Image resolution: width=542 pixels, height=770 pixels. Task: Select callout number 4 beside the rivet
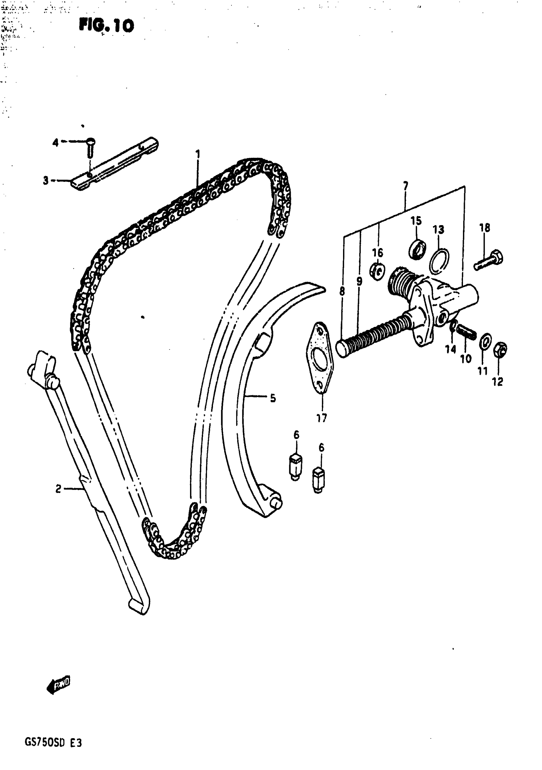click(x=55, y=143)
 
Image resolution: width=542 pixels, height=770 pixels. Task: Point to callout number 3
click(x=46, y=180)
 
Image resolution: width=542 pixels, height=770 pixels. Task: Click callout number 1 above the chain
click(x=198, y=154)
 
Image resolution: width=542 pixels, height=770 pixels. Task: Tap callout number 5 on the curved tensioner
click(x=273, y=398)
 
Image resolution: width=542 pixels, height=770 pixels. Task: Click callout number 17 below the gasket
click(x=321, y=418)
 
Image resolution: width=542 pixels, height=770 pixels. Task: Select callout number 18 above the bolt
click(x=485, y=228)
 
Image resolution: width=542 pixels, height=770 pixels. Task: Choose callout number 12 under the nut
click(x=497, y=382)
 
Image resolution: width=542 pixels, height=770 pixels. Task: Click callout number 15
click(x=416, y=221)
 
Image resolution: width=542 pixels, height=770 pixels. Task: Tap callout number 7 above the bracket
click(x=406, y=186)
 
